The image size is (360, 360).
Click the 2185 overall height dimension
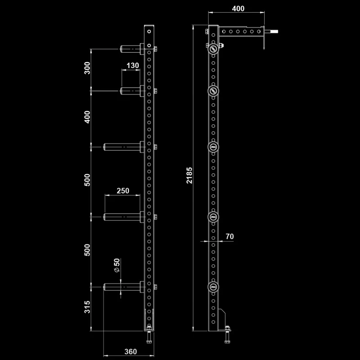tap(189, 175)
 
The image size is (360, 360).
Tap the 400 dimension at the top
tap(238, 9)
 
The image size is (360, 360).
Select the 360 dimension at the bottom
tap(130, 351)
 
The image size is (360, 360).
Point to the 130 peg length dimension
tap(133, 66)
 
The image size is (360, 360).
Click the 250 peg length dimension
tap(123, 190)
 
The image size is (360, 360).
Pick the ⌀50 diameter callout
tap(117, 265)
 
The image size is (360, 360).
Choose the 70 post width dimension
tap(229, 236)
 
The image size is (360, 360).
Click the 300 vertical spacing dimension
tap(87, 68)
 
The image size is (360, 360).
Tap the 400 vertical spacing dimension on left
tap(87, 117)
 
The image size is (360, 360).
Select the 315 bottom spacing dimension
tap(87, 307)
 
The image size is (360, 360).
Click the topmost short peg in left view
tap(132, 49)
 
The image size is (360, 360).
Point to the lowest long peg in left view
tap(123, 287)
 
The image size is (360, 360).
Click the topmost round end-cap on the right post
tap(213, 49)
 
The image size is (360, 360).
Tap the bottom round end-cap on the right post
tap(213, 287)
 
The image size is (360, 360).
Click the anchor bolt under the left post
tap(149, 336)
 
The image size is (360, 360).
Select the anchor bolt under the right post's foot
tap(227, 335)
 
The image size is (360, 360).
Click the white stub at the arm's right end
tap(274, 31)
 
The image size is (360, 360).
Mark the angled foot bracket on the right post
tap(222, 319)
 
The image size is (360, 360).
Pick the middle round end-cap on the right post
tap(213, 147)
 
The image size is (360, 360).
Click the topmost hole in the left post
tap(149, 31)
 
